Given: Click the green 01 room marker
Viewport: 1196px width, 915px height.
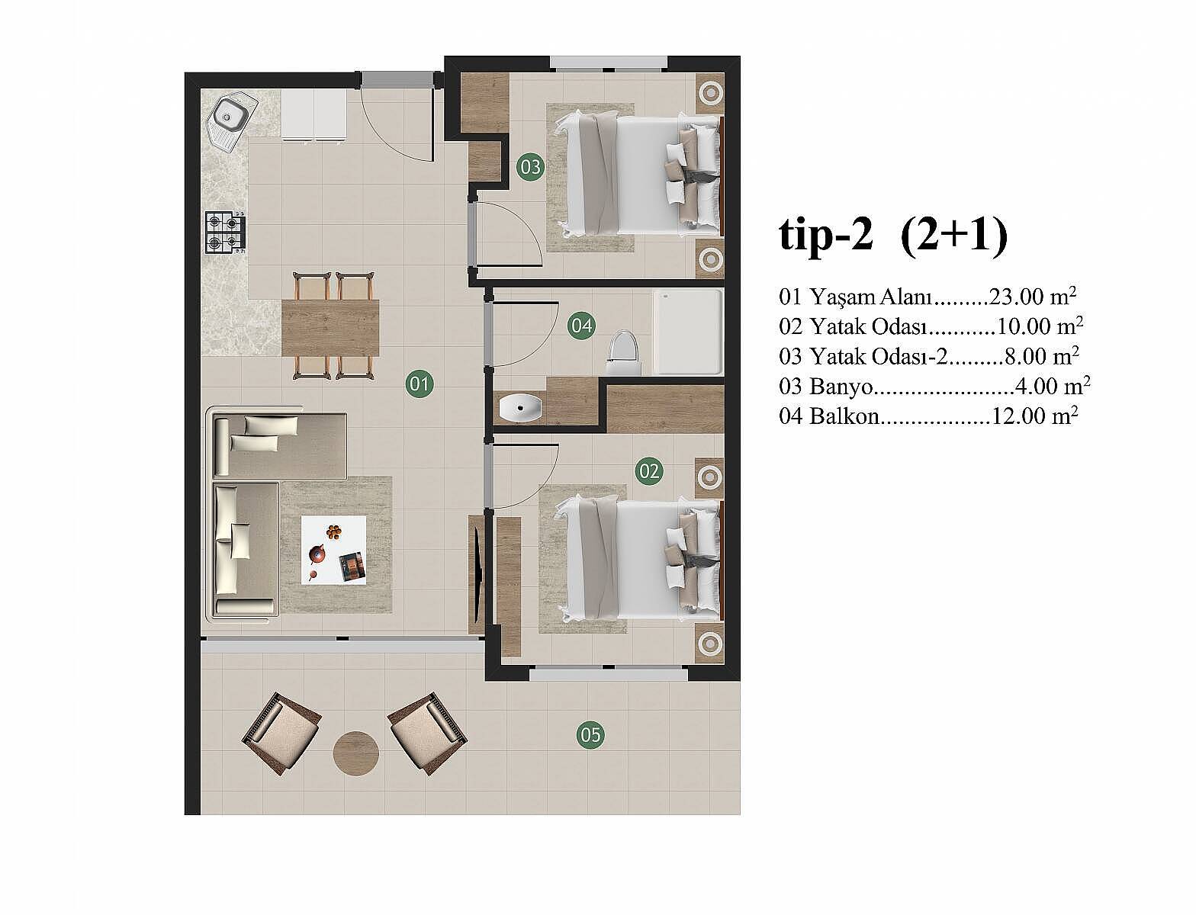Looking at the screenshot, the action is tap(419, 384).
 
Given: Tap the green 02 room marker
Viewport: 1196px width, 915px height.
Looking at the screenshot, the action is tap(649, 470).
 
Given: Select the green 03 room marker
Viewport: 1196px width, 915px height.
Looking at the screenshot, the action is tap(530, 167).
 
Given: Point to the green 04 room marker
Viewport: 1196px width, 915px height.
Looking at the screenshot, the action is tap(580, 326).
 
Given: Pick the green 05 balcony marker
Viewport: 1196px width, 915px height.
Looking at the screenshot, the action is tap(590, 735).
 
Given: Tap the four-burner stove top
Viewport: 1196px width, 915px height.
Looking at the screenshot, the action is tap(225, 233).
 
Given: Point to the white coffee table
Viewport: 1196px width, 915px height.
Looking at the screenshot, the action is tap(333, 550).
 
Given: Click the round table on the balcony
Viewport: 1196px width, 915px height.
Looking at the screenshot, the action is tap(355, 753).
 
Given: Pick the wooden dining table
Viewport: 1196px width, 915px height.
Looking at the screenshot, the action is tap(330, 328).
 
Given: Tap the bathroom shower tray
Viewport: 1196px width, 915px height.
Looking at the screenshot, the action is tap(687, 332).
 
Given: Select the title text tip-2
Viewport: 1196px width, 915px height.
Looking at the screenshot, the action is tap(826, 236).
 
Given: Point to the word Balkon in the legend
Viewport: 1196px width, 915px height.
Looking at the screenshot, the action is tap(844, 416).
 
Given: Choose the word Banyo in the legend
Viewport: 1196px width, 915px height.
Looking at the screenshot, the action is tap(841, 387).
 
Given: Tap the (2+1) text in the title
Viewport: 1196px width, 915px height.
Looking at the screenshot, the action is tap(954, 236).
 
